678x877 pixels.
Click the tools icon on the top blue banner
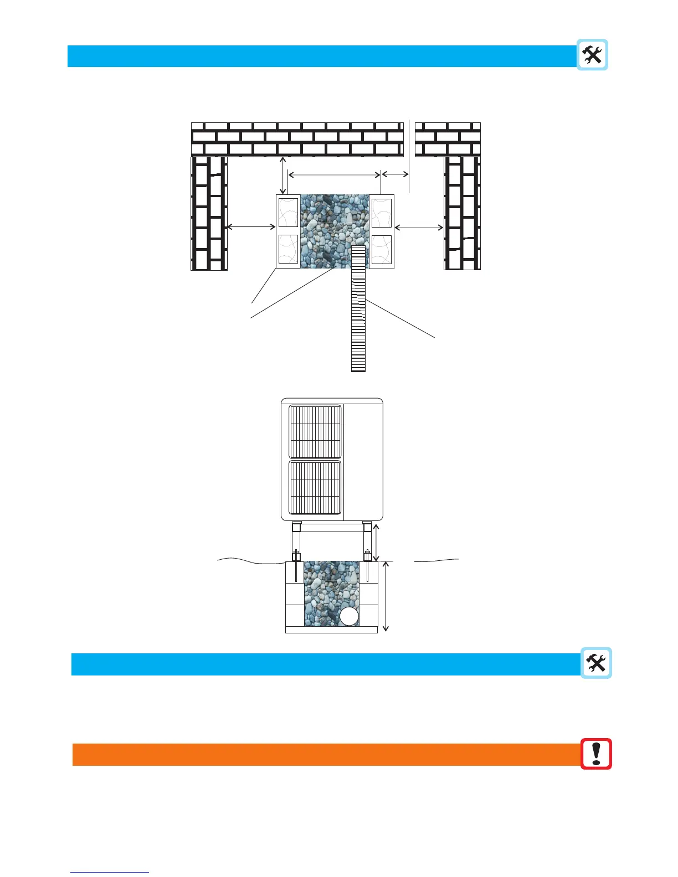[x=592, y=55]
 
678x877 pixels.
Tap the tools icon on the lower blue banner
[x=596, y=663]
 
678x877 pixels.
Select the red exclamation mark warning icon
[x=596, y=754]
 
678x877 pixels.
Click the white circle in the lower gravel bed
[x=349, y=616]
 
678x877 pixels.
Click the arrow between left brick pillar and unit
[x=251, y=226]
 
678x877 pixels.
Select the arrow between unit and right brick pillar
[x=419, y=226]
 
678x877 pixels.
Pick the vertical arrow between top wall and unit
[x=283, y=176]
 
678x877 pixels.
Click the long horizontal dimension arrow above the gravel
[x=335, y=175]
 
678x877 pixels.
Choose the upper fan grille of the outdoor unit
[x=315, y=432]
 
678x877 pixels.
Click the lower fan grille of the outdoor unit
[x=315, y=487]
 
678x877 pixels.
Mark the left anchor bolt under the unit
[x=296, y=555]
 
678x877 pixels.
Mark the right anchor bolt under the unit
[x=367, y=555]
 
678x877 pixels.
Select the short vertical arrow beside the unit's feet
[x=377, y=543]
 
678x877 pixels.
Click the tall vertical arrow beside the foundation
[x=386, y=596]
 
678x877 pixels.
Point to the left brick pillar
[x=209, y=213]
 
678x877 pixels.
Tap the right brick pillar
[x=462, y=213]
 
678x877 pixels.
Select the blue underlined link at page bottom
[x=110, y=872]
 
